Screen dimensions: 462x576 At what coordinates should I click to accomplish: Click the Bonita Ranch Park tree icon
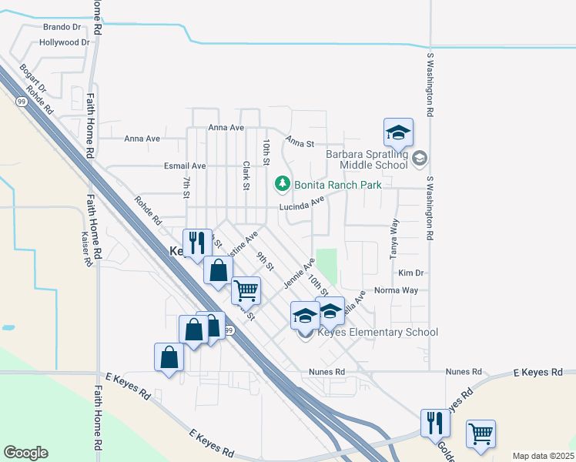tap(283, 184)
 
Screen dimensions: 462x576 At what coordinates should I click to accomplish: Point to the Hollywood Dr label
tap(64, 42)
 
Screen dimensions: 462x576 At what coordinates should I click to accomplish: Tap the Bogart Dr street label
tap(35, 80)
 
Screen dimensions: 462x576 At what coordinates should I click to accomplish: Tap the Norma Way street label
tap(396, 290)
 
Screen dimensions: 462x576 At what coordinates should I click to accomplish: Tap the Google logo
tap(25, 453)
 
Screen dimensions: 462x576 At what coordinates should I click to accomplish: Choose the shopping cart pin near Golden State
tap(481, 434)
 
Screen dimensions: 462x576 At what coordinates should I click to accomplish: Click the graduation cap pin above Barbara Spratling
tap(399, 132)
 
